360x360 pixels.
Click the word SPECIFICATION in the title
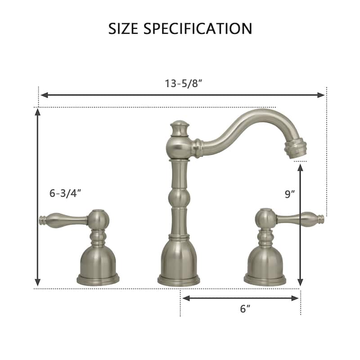[198, 28]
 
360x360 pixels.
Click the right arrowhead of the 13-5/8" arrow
[321, 95]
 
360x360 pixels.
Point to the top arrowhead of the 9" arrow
[300, 168]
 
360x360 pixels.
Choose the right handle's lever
[299, 220]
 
